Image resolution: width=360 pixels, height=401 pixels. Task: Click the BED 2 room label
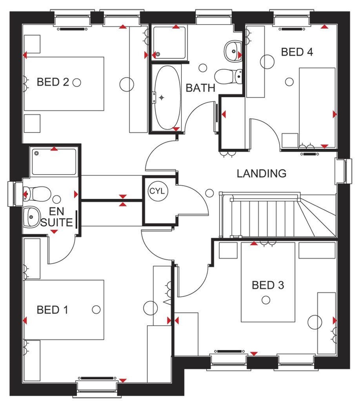(x=53, y=83)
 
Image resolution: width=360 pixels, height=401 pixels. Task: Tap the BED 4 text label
(x=297, y=52)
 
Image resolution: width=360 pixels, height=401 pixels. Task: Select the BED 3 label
(x=268, y=285)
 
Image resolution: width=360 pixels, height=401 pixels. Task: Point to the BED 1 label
(x=53, y=310)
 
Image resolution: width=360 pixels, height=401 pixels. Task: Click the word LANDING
(x=261, y=173)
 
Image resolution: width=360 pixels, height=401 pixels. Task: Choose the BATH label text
(x=200, y=88)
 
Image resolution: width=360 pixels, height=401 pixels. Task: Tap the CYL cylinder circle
(x=156, y=192)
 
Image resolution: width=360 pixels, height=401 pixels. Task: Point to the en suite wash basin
(x=32, y=216)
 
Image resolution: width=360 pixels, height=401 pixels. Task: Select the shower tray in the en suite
(x=54, y=162)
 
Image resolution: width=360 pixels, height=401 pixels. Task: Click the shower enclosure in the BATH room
(x=168, y=42)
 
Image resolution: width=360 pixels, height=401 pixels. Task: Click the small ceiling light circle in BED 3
(x=266, y=300)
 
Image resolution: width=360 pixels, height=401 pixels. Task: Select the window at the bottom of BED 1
(x=97, y=387)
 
